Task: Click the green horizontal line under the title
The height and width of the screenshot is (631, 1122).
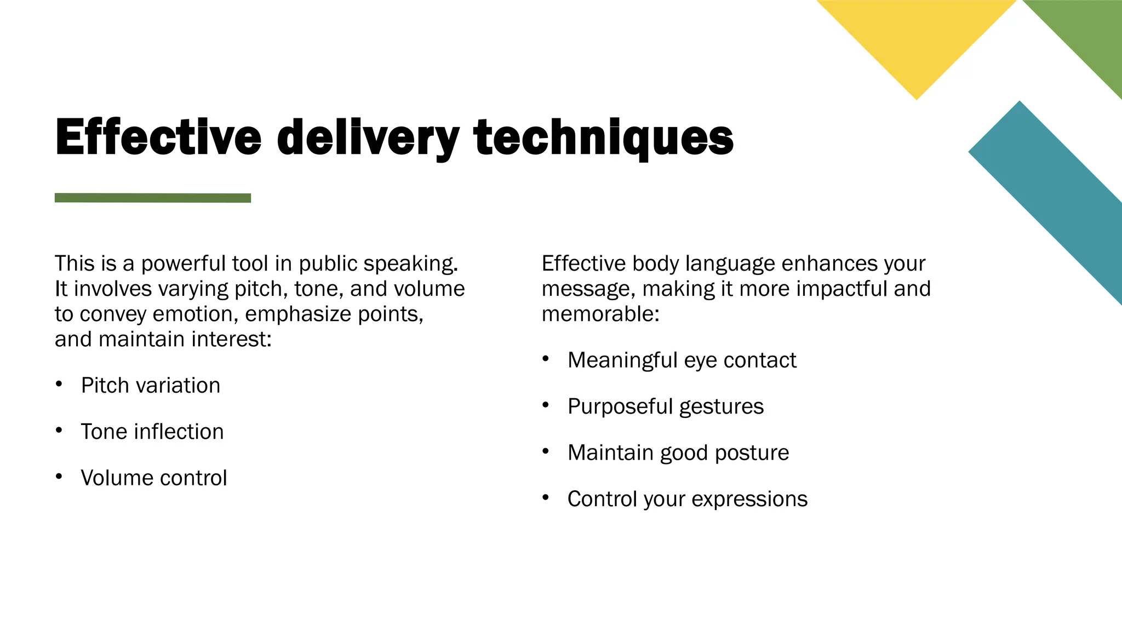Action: pyautogui.click(x=153, y=198)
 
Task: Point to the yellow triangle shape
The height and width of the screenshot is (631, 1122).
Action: pyautogui.click(x=917, y=38)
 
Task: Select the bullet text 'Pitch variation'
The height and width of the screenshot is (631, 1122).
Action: pyautogui.click(x=151, y=386)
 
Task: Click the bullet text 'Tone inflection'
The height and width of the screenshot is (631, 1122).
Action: pyautogui.click(x=152, y=432)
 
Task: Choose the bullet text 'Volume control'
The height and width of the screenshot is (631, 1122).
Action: pyautogui.click(x=154, y=478)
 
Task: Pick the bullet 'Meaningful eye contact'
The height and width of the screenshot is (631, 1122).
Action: pyautogui.click(x=682, y=360)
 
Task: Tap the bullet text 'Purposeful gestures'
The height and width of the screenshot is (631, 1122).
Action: pyautogui.click(x=666, y=406)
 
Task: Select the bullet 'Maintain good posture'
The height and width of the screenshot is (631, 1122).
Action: pyautogui.click(x=678, y=452)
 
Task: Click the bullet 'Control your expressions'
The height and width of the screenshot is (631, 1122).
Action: pyautogui.click(x=688, y=499)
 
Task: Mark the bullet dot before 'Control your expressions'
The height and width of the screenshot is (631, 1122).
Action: pyautogui.click(x=545, y=497)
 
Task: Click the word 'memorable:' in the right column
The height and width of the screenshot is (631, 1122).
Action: pyautogui.click(x=600, y=314)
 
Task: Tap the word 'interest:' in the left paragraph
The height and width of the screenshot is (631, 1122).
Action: pyautogui.click(x=231, y=340)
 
